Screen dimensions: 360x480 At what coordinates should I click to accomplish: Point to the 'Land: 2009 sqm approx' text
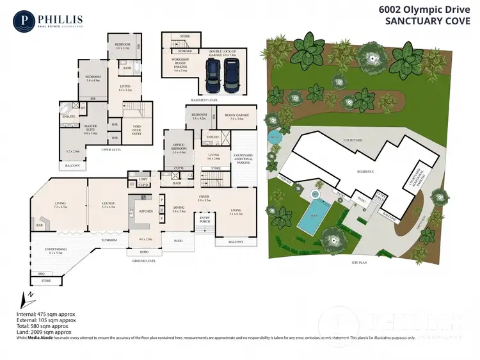click(x=44, y=332)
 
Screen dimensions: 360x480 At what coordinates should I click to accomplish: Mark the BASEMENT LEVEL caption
click(x=204, y=101)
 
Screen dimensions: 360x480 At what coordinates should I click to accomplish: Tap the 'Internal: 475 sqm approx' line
click(x=46, y=315)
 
